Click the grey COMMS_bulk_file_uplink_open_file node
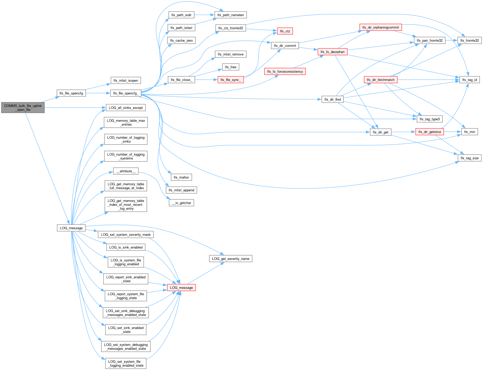pos(23,108)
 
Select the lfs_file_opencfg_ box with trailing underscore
pos(126,93)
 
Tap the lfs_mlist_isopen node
pos(126,80)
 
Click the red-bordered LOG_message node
pos(181,288)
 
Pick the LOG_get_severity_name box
pos(230,259)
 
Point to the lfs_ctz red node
pos(285,31)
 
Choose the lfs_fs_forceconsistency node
pos(285,71)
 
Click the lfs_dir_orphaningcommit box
pos(380,27)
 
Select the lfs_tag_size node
pos(469,158)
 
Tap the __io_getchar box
pos(181,203)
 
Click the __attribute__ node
pos(126,171)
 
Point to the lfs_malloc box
pos(181,177)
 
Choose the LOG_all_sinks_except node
pos(126,108)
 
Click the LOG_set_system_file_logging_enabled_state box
pos(126,363)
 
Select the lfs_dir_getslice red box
pos(429,132)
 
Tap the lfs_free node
pos(230,67)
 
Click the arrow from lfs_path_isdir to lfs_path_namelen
pos(204,15)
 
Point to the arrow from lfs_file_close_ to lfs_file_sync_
pos(206,80)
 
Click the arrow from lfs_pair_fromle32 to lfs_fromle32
pos(451,40)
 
